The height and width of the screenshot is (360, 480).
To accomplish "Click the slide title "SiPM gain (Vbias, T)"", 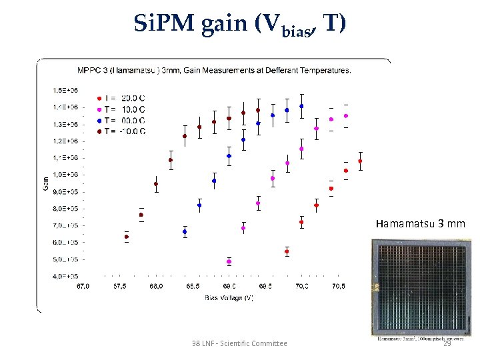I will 239,25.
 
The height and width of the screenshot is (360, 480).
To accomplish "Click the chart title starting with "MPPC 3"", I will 214,69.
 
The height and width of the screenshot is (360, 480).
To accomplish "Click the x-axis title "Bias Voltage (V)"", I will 229,297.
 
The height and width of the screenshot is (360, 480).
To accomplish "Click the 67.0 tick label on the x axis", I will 83,287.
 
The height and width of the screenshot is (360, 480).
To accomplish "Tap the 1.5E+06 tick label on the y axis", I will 65,90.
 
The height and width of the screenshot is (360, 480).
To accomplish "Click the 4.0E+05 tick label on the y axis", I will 65,276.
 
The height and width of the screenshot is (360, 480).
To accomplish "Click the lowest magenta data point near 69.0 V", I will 229,261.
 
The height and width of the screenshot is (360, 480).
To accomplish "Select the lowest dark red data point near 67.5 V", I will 127,237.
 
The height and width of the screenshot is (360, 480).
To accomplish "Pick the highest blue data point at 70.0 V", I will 301,106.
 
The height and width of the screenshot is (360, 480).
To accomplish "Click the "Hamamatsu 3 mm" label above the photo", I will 420,223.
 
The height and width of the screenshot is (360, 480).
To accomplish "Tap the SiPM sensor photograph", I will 418,287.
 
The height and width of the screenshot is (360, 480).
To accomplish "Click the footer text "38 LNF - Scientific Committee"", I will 239,343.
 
